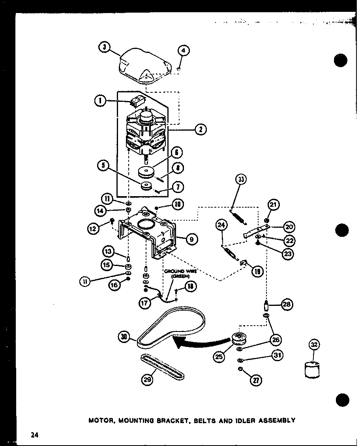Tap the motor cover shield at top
(146, 65)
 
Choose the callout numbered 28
(287, 304)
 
